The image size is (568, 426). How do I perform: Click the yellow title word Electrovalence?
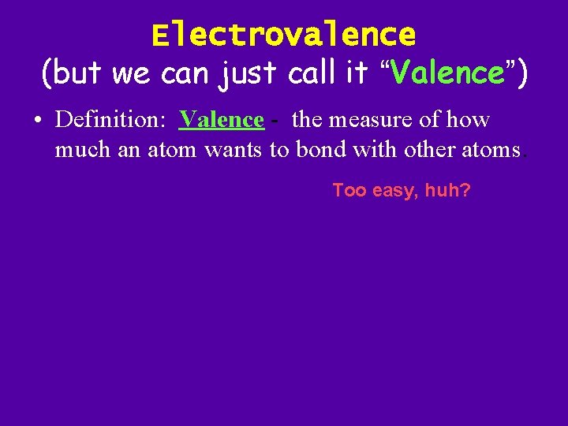pyautogui.click(x=283, y=35)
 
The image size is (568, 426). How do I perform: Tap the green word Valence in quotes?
pyautogui.click(x=447, y=73)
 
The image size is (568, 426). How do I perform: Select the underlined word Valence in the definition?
pyautogui.click(x=222, y=120)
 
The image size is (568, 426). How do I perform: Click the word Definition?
pyautogui.click(x=109, y=120)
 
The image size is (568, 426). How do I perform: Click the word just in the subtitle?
pyautogui.click(x=249, y=73)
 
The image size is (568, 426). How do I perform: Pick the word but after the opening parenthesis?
pyautogui.click(x=79, y=73)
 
